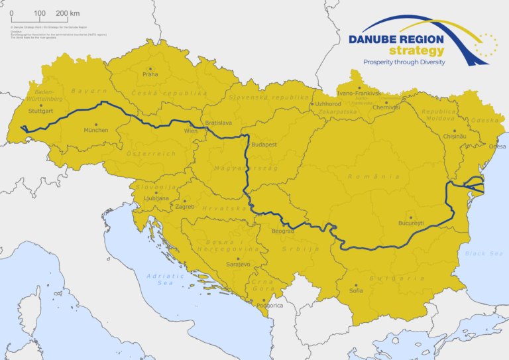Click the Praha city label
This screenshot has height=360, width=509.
tap(150, 75)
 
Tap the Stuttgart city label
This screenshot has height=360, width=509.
tap(41, 111)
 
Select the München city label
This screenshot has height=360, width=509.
tap(95, 131)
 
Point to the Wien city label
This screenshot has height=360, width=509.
tap(190, 131)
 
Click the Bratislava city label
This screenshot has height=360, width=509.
tap(218, 123)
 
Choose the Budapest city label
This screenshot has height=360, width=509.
tap(264, 144)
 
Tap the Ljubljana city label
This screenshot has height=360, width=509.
tap(156, 198)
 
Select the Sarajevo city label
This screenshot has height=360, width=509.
tap(238, 265)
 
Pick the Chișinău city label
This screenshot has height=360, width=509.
tap(454, 136)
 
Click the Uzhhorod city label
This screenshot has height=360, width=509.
tap(328, 104)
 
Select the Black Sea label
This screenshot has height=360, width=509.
tap(484, 253)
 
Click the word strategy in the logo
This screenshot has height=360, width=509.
tap(417, 51)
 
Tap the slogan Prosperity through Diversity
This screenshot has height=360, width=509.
tap(404, 62)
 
